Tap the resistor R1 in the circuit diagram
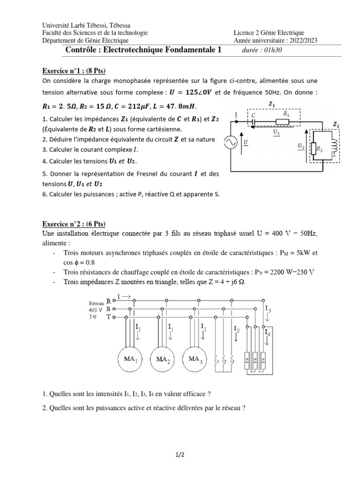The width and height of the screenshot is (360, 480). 282,121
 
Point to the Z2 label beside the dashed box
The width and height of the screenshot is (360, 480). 337,124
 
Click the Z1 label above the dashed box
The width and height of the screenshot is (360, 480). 271,104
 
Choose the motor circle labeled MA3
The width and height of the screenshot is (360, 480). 195,359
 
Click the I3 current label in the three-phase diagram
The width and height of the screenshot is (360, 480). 268,309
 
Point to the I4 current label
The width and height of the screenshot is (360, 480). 268,333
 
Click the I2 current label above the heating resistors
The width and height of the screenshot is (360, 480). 236,330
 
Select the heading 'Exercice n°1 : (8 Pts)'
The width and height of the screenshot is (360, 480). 74,71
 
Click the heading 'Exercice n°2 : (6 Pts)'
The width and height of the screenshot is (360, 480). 74,224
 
